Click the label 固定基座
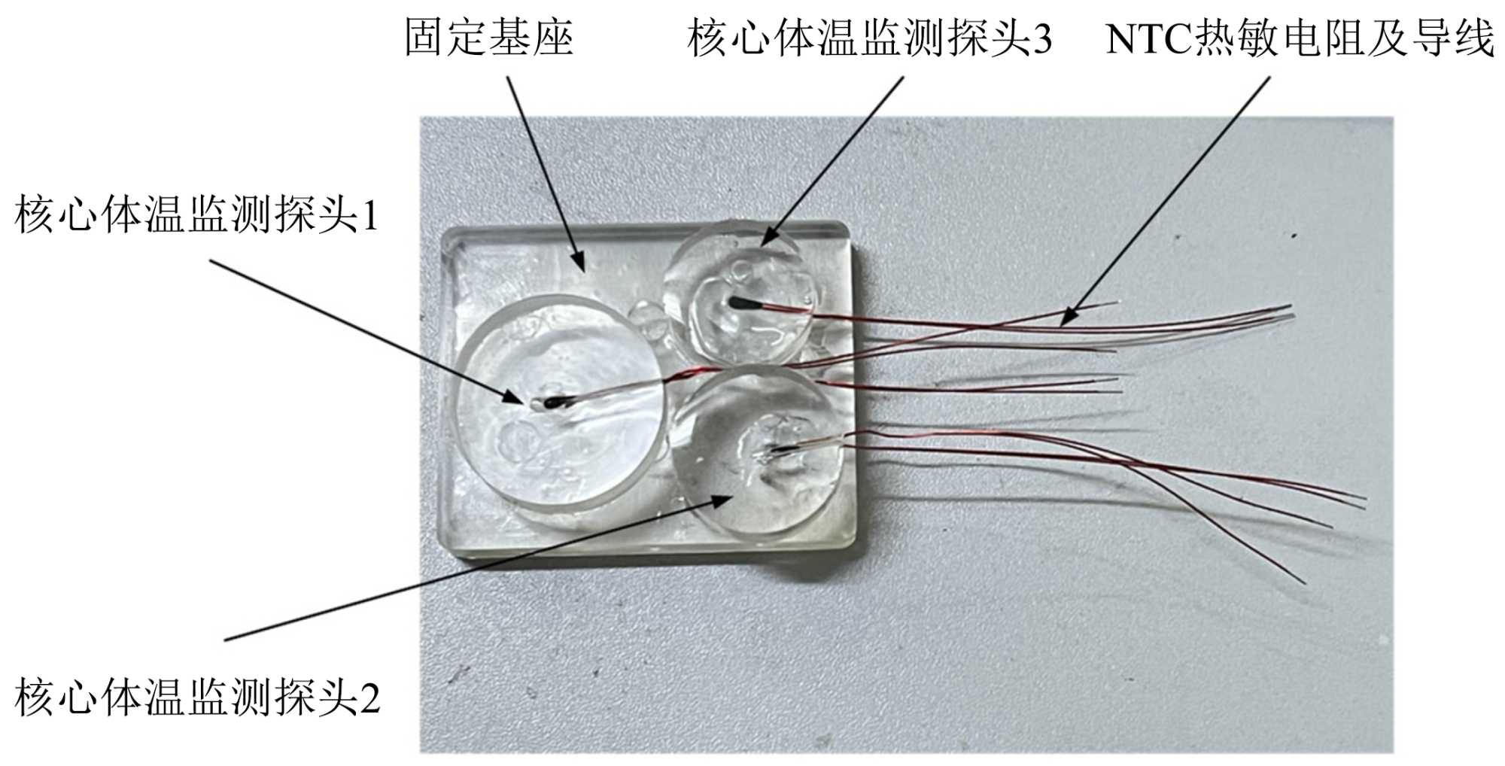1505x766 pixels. [489, 38]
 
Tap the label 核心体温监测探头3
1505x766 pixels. [869, 38]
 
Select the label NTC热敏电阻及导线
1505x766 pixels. [1300, 38]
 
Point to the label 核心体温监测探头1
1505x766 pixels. [196, 215]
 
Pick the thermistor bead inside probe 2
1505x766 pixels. [775, 451]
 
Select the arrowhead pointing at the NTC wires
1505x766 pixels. [1068, 317]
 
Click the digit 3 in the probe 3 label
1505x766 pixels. [1042, 38]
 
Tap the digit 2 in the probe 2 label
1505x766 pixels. [370, 698]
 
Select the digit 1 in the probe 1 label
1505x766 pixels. [369, 217]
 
